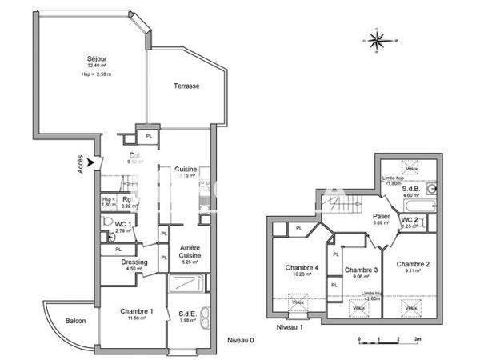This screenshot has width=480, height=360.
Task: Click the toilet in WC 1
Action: click(x=110, y=237)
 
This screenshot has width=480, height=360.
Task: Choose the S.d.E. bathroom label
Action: click(x=189, y=315)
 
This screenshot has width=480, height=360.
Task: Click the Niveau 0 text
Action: click(x=240, y=339)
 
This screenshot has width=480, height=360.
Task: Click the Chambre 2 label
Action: click(x=413, y=264)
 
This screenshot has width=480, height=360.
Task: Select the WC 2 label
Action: click(x=409, y=219)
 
